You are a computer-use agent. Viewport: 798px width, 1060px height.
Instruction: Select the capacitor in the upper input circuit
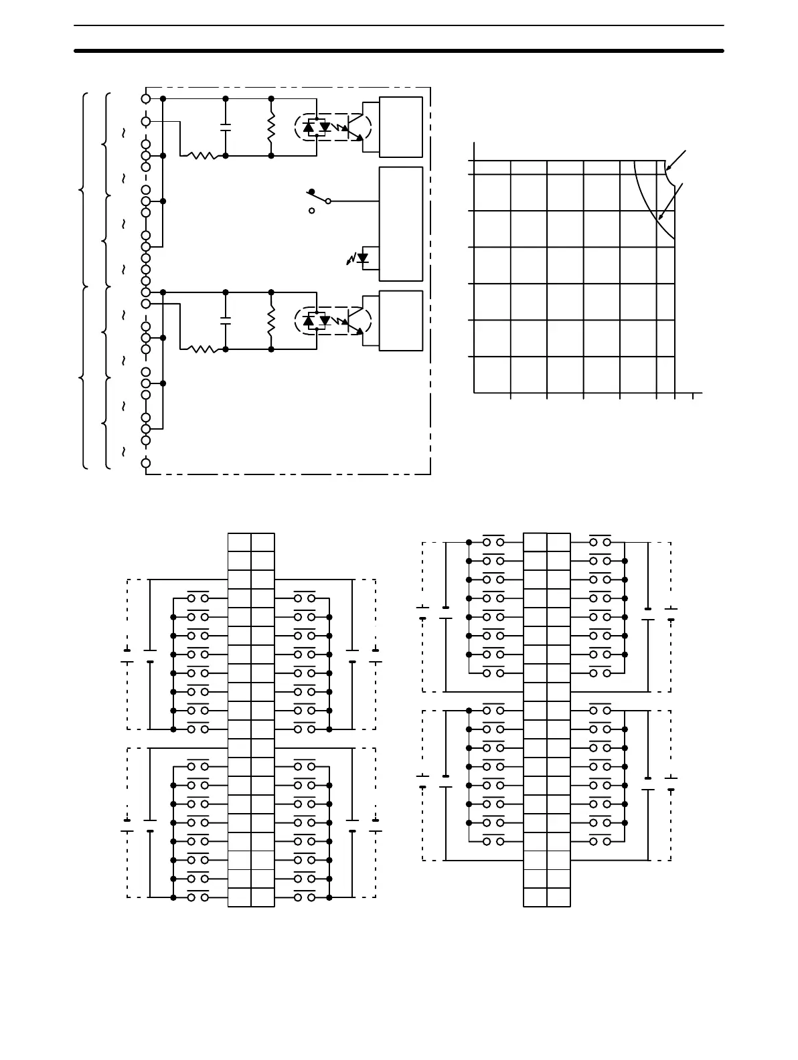click(226, 127)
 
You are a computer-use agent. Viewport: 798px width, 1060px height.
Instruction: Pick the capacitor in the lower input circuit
click(226, 321)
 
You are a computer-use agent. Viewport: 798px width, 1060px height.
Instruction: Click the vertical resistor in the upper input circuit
click(271, 127)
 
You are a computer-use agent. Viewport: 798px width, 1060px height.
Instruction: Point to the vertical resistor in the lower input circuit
click(271, 321)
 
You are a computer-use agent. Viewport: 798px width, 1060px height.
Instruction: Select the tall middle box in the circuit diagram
click(401, 224)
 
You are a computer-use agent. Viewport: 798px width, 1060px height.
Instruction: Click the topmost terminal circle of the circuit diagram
click(146, 98)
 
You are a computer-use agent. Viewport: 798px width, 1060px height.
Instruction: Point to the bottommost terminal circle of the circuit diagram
click(146, 462)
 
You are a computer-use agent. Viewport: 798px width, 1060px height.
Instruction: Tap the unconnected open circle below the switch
click(311, 211)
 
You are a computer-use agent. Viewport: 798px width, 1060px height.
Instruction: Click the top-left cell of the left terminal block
click(240, 542)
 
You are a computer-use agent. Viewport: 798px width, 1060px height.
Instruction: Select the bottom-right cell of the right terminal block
click(558, 897)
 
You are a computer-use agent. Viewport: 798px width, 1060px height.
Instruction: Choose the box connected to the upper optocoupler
click(401, 127)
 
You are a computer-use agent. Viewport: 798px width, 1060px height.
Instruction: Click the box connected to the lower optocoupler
click(401, 321)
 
